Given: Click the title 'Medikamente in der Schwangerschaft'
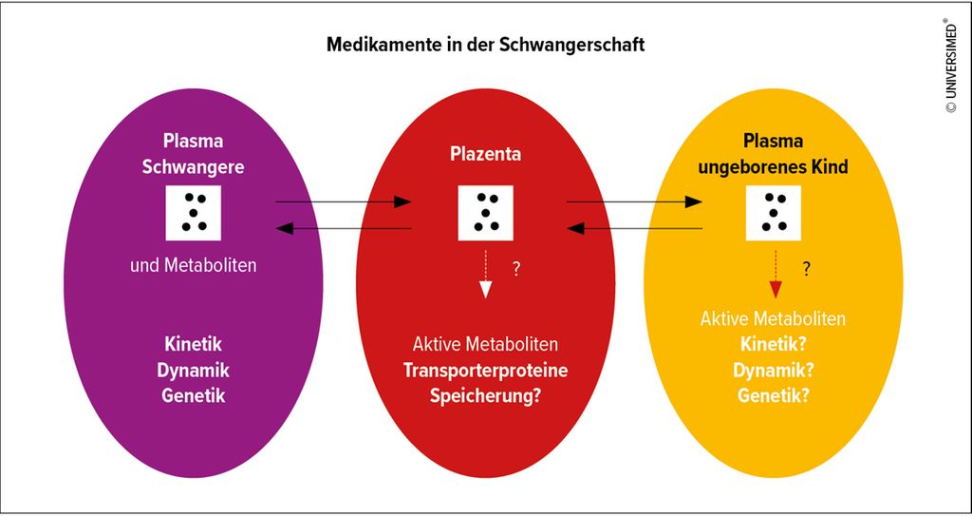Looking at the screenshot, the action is pyautogui.click(x=485, y=45).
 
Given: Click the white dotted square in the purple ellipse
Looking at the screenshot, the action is pyautogui.click(x=193, y=212).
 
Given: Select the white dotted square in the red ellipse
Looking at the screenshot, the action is pyautogui.click(x=485, y=212).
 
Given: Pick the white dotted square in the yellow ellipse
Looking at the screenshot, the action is pyautogui.click(x=773, y=212).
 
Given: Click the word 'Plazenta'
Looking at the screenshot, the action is pyautogui.click(x=485, y=154).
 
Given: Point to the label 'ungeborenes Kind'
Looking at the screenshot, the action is pyautogui.click(x=773, y=167).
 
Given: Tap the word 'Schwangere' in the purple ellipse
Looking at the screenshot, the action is pyautogui.click(x=193, y=167).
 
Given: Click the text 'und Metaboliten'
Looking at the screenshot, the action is pyautogui.click(x=193, y=266).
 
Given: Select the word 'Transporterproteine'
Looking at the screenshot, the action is pyautogui.click(x=485, y=370).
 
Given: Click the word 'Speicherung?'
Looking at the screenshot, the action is pyautogui.click(x=485, y=396).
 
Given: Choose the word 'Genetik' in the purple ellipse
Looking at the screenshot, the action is pyautogui.click(x=193, y=395).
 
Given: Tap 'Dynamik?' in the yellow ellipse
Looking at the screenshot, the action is pyautogui.click(x=773, y=370).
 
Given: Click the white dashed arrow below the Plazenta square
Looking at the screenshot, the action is pyautogui.click(x=485, y=275).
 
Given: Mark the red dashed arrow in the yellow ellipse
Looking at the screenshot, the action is pyautogui.click(x=776, y=275).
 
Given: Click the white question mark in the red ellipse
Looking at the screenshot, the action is pyautogui.click(x=515, y=270).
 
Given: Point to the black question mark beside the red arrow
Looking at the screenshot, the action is pyautogui.click(x=806, y=269).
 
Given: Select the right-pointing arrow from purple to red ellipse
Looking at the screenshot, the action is pyautogui.click(x=344, y=201).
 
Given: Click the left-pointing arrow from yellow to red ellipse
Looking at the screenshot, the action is pyautogui.click(x=634, y=228).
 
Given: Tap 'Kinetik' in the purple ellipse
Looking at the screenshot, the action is pyautogui.click(x=193, y=343).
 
